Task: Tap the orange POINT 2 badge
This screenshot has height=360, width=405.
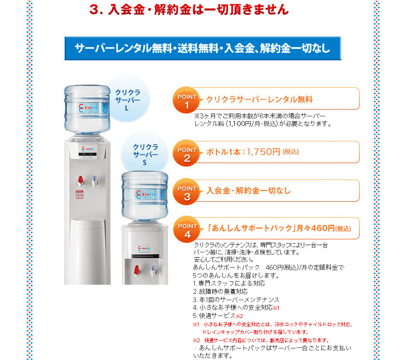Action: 187,154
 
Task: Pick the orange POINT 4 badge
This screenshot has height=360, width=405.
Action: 187,230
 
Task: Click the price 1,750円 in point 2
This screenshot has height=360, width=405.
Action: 263,152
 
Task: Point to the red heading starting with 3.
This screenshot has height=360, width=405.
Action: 189,10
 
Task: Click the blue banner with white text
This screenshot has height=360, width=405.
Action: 202,48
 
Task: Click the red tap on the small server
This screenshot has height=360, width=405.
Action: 136,269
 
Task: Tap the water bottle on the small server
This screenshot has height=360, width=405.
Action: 144,196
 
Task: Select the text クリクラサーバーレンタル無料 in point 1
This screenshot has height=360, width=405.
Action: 259,100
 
